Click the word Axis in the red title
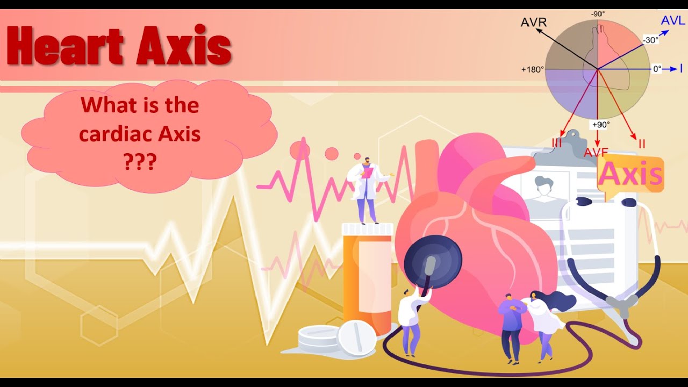(x=184, y=47)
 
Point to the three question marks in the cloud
(x=140, y=161)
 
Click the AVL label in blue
(x=672, y=21)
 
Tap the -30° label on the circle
(x=650, y=40)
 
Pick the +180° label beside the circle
(x=532, y=69)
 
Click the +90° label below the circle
(x=600, y=125)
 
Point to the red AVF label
(x=596, y=152)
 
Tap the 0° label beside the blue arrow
(x=657, y=69)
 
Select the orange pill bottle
(x=367, y=279)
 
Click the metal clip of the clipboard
(x=560, y=144)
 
